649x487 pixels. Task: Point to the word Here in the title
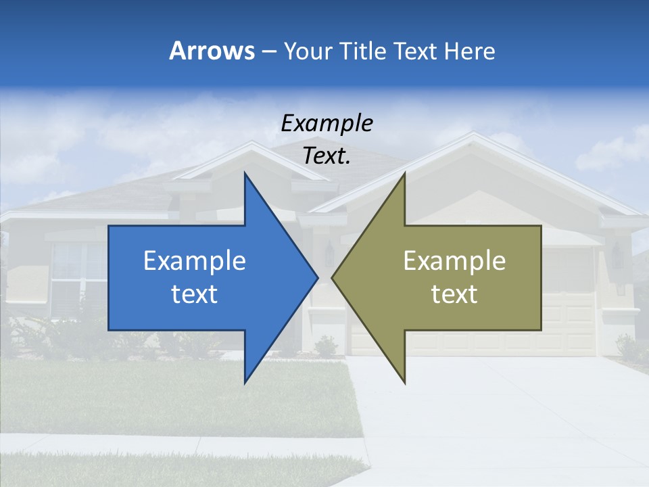click(469, 51)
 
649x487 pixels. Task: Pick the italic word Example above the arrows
click(327, 123)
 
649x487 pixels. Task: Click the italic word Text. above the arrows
click(327, 156)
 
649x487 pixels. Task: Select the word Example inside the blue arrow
click(195, 260)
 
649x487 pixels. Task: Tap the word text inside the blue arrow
click(195, 294)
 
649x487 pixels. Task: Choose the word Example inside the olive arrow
click(454, 260)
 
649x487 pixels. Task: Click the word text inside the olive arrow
click(454, 294)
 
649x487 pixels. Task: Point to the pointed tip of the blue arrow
click(317, 277)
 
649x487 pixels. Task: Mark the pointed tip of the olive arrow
click(333, 277)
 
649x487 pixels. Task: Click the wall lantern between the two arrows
click(329, 253)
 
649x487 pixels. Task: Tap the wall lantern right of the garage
click(617, 255)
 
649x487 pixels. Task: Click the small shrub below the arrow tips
click(326, 346)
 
